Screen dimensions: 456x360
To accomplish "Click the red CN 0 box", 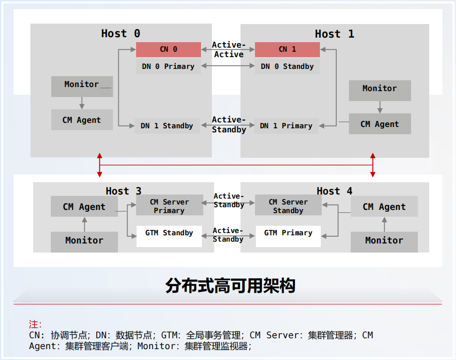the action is pyautogui.click(x=168, y=49).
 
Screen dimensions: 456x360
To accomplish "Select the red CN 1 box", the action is pyautogui.click(x=287, y=49).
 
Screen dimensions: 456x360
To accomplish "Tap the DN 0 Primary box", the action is pyautogui.click(x=168, y=67).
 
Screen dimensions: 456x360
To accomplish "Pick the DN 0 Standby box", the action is pyautogui.click(x=287, y=67).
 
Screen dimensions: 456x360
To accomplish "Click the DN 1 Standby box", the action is pyautogui.click(x=167, y=126).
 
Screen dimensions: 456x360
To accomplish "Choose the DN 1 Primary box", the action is pyautogui.click(x=286, y=126).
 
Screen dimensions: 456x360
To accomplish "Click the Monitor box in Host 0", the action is pyautogui.click(x=82, y=86).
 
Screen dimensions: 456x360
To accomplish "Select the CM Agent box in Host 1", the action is pyautogui.click(x=380, y=124).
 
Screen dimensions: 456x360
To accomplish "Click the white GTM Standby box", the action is pyautogui.click(x=169, y=236).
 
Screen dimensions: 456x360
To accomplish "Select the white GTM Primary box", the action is pyautogui.click(x=288, y=236).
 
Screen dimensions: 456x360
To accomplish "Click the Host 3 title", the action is pyautogui.click(x=123, y=191).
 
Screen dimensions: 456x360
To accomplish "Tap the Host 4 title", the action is pyautogui.click(x=334, y=191).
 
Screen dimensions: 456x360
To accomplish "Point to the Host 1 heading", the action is pyautogui.click(x=334, y=34).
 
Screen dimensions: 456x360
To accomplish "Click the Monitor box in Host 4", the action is pyautogui.click(x=384, y=242).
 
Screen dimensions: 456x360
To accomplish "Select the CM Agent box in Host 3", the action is pyautogui.click(x=84, y=206).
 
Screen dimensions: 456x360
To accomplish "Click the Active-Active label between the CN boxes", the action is pyautogui.click(x=229, y=50).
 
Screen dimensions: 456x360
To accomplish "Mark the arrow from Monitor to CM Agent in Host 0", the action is pyautogui.click(x=82, y=103).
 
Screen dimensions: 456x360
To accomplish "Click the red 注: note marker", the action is pyautogui.click(x=35, y=324).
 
